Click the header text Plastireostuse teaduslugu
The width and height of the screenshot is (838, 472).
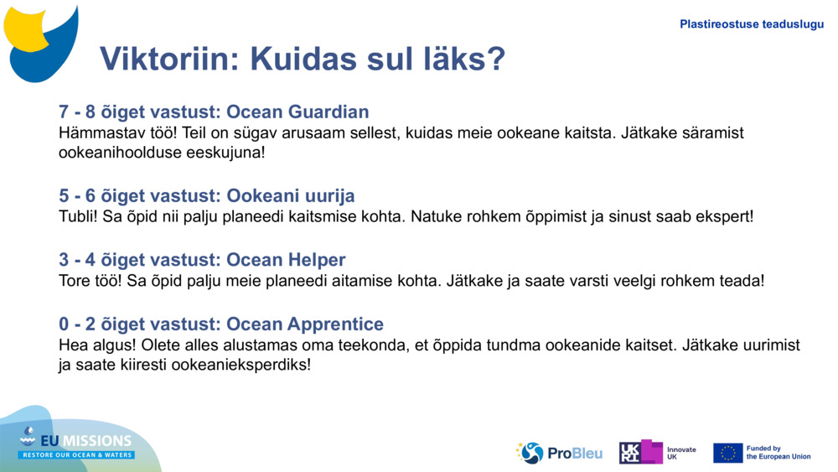click(x=751, y=24)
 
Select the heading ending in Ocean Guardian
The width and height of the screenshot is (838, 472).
click(x=214, y=112)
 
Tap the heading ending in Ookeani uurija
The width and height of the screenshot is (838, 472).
click(x=206, y=195)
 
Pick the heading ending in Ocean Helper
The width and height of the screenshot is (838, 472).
click(x=202, y=260)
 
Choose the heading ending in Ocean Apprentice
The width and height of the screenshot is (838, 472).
click(x=221, y=324)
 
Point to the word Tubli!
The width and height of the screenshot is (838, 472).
click(x=80, y=216)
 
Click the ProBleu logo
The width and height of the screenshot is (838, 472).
click(x=559, y=453)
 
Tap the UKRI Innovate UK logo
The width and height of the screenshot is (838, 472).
click(x=657, y=453)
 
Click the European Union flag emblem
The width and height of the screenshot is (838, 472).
click(x=727, y=453)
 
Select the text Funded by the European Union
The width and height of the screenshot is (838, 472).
click(x=778, y=453)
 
